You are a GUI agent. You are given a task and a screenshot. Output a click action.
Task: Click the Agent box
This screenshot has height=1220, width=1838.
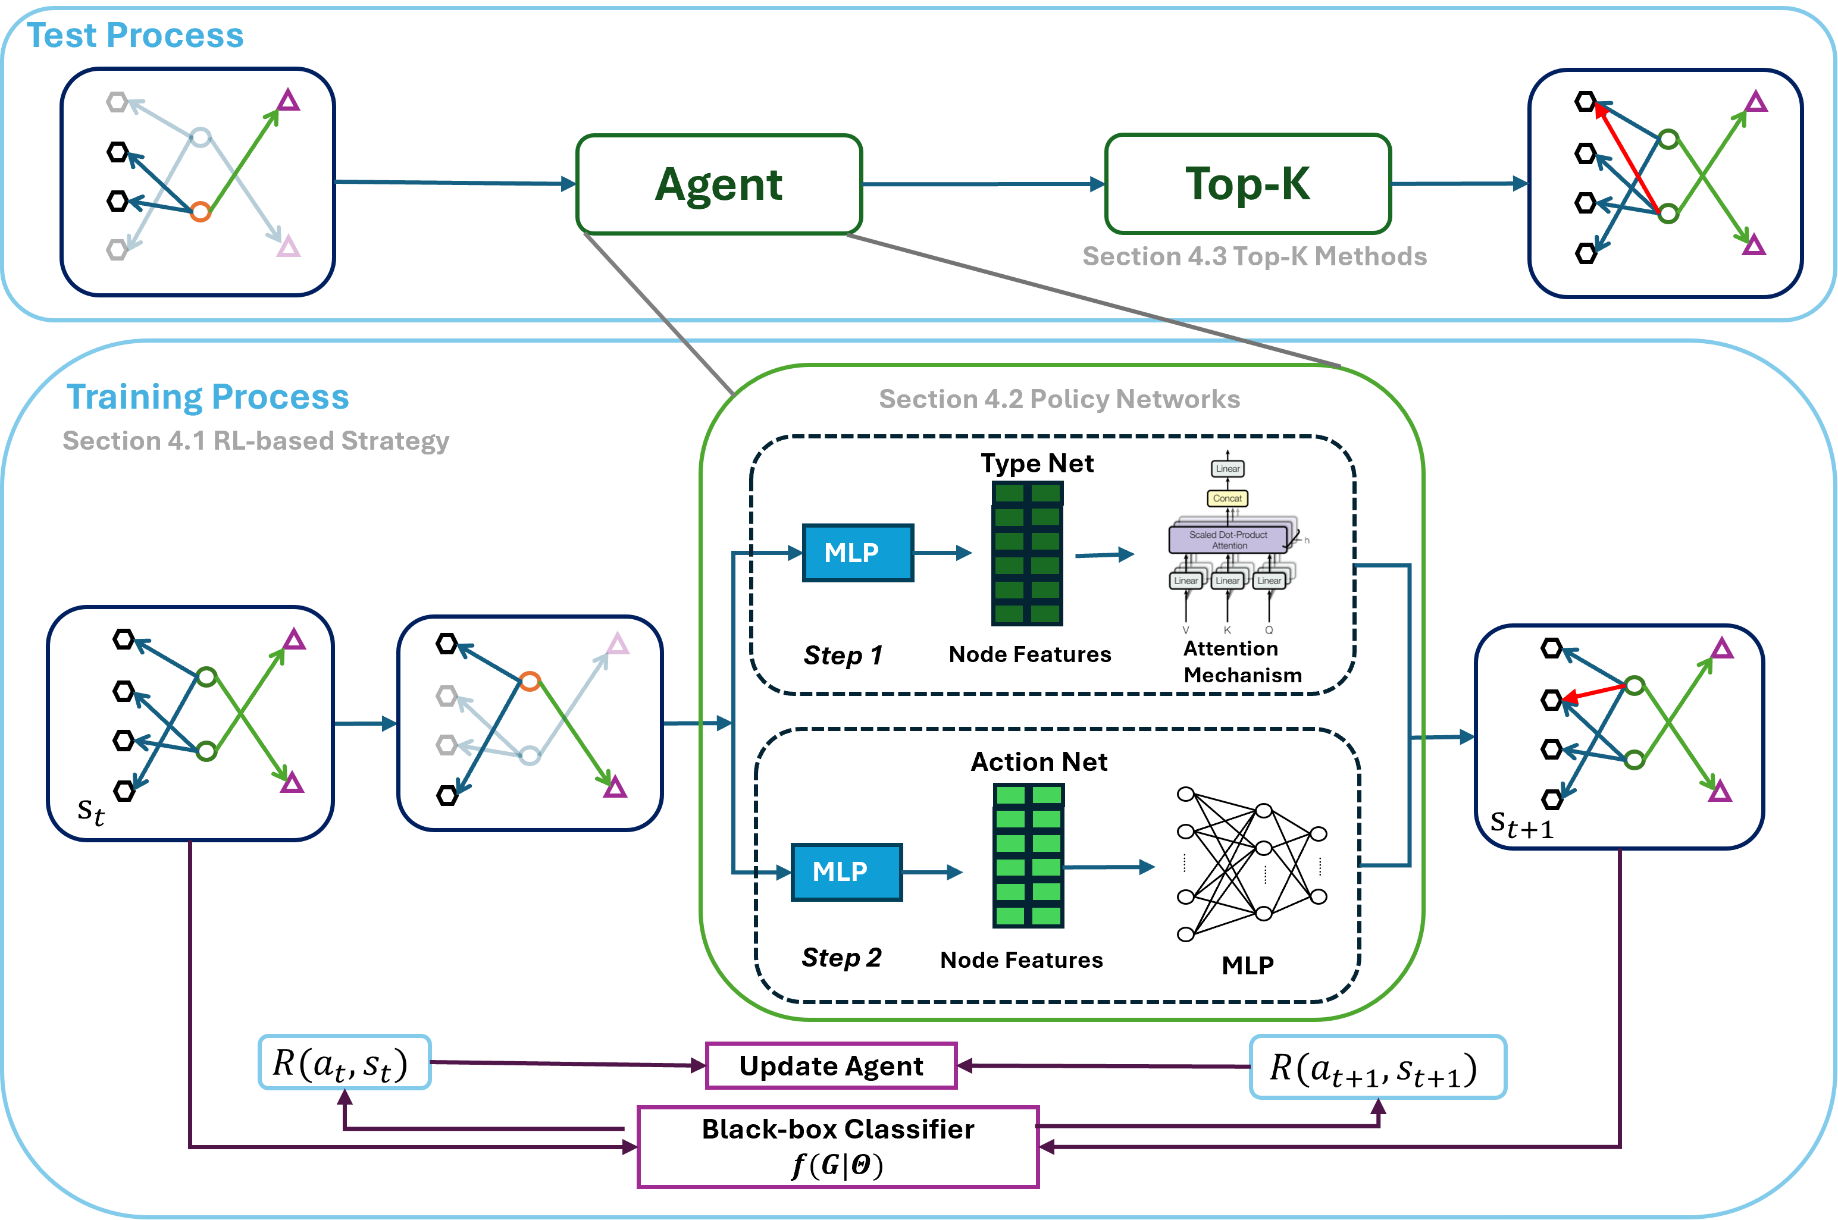[719, 184]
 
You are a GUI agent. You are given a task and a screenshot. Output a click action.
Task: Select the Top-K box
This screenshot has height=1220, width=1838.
[1247, 184]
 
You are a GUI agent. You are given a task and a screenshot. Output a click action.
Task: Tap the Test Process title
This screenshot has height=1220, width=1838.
[136, 36]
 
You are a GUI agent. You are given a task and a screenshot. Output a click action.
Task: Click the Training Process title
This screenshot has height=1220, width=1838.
[208, 397]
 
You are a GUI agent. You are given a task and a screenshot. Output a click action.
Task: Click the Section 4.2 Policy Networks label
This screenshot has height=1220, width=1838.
[1059, 399]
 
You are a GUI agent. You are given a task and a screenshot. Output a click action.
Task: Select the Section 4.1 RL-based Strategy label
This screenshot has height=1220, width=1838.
[256, 440]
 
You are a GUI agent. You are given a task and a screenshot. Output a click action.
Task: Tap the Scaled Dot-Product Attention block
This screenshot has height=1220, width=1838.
[1228, 540]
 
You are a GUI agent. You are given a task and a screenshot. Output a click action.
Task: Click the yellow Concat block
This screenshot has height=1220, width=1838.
[1227, 498]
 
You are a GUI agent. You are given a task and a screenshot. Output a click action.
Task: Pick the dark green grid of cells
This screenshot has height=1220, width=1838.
[1027, 553]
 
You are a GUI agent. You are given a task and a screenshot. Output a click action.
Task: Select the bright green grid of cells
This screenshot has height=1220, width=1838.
[1028, 855]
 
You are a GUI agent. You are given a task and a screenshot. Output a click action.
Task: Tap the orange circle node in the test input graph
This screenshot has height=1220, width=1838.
[201, 211]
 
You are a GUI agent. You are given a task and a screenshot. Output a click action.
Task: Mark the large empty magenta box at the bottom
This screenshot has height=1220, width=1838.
[838, 1147]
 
